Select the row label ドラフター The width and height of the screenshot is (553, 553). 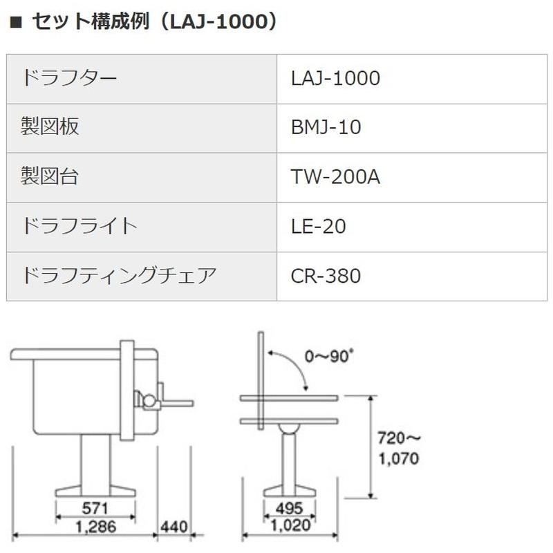(70, 78)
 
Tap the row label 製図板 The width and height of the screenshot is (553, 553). (50, 127)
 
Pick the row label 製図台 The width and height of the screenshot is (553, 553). (50, 176)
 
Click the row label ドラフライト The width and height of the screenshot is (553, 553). (80, 226)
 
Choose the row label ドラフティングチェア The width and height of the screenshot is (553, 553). (120, 276)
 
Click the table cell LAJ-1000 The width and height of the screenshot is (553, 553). (336, 78)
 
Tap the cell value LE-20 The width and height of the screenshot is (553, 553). (319, 226)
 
